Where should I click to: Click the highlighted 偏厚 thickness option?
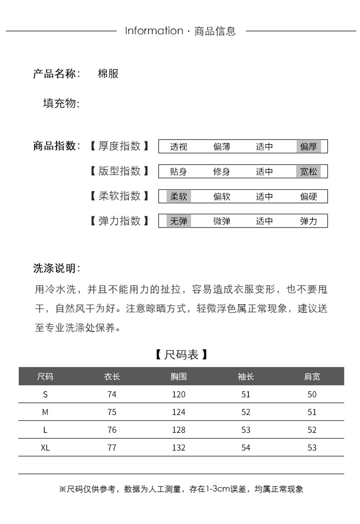coord(309,146)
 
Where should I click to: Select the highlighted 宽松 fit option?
coord(309,171)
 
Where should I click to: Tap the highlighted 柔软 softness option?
coord(179,197)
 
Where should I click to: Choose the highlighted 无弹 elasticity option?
coord(179,221)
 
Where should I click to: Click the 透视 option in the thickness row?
coord(179,146)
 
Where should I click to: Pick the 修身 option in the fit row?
coord(222,171)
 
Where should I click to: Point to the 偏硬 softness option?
coord(309,197)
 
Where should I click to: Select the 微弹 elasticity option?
coord(222,221)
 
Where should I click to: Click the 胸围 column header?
coord(179,376)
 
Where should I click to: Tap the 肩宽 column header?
coord(312,376)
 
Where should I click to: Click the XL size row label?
coord(45,447)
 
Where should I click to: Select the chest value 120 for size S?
coord(179,394)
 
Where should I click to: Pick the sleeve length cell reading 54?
coord(246,447)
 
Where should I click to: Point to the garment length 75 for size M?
coord(112,412)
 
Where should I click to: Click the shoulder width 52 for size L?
coord(312,430)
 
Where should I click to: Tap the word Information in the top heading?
coord(154,31)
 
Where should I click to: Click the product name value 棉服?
coord(108,73)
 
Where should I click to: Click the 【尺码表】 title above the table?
coord(181,354)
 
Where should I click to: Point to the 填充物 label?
coord(61,104)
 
